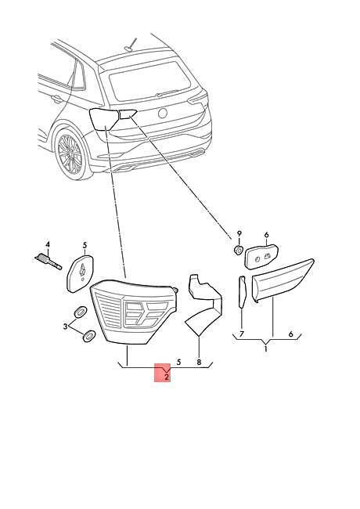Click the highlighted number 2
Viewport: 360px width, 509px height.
point(167,377)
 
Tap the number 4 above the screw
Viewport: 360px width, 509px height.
point(48,244)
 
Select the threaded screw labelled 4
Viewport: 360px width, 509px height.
point(49,262)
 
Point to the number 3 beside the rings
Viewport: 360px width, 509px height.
point(66,327)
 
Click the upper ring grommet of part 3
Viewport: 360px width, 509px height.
point(80,312)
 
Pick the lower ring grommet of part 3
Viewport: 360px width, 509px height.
point(89,336)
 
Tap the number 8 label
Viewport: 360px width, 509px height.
point(199,362)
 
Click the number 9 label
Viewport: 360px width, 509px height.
point(239,233)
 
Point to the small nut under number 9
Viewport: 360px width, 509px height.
point(239,251)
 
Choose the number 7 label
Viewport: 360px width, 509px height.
point(242,334)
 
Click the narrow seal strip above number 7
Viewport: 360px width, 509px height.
point(243,291)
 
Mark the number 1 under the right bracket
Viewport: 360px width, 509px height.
point(265,349)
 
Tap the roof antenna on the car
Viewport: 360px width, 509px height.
point(130,45)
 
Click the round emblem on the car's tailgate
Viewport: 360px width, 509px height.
point(162,113)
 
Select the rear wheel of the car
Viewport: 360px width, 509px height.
point(70,153)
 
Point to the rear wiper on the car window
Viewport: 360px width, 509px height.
point(168,93)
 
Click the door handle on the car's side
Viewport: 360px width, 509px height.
point(57,99)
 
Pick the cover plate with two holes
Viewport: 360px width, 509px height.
point(262,256)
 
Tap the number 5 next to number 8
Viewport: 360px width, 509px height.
point(178,362)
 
